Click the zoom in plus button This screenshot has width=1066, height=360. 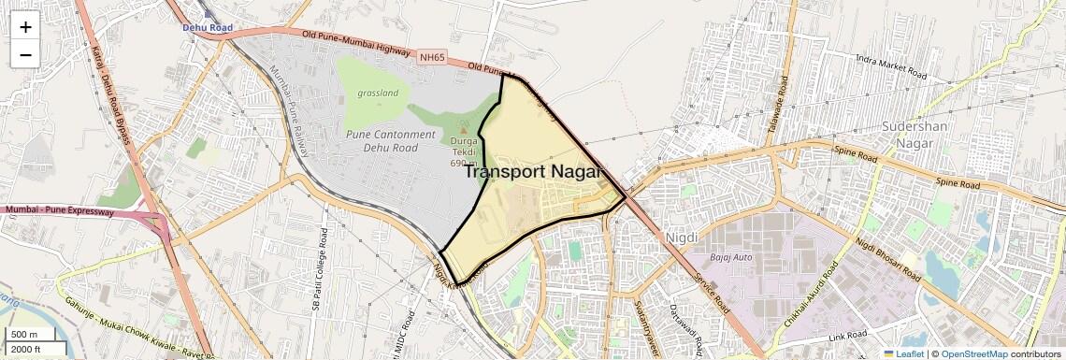(25, 27)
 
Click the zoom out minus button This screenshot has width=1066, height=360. (25, 54)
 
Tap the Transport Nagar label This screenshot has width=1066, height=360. (531, 171)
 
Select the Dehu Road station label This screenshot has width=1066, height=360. (208, 28)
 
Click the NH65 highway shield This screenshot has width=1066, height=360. (432, 58)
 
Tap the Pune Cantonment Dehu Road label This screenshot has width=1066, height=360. (391, 140)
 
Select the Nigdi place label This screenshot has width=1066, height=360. (681, 238)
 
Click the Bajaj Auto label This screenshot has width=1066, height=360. (731, 256)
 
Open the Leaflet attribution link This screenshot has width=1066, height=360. (903, 353)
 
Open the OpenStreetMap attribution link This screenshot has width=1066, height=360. (973, 353)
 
